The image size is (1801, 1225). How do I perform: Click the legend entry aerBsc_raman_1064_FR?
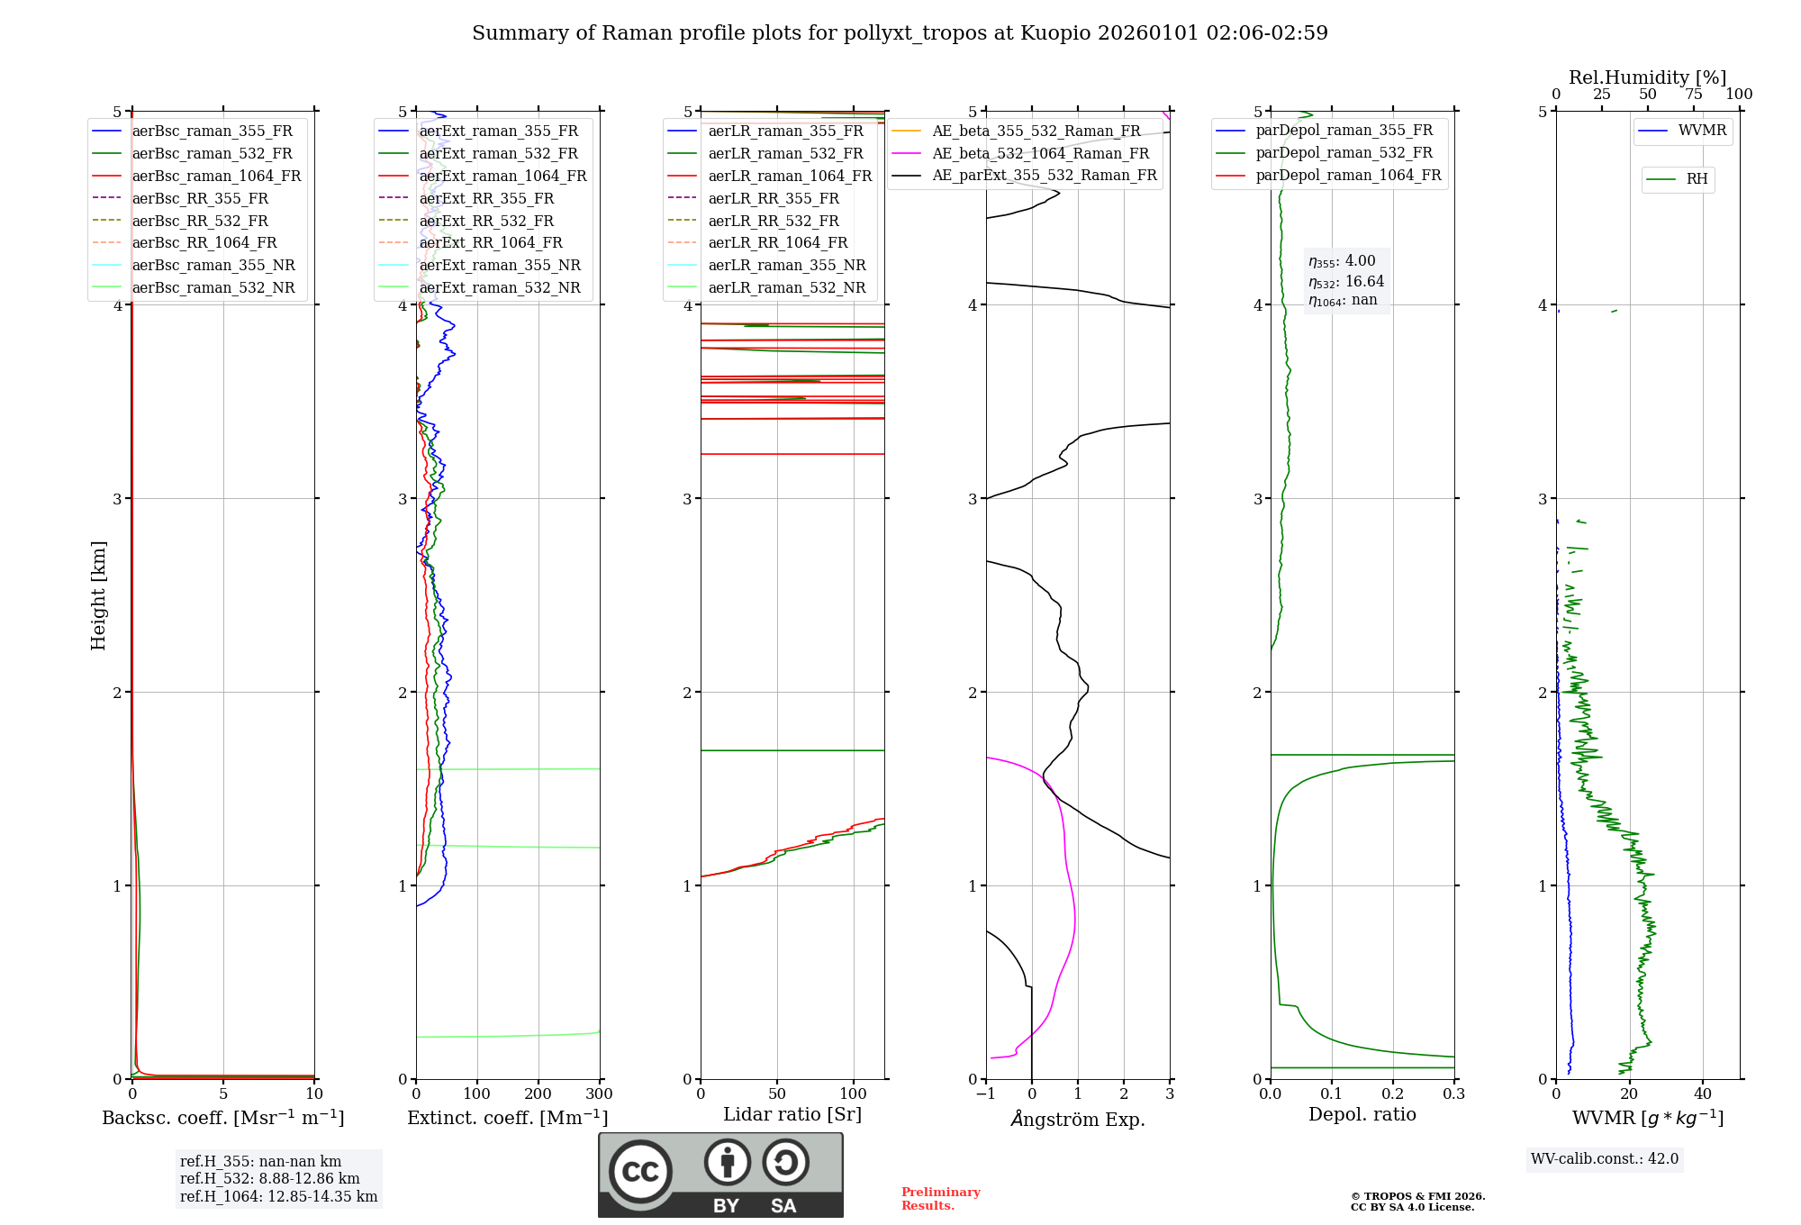click(216, 176)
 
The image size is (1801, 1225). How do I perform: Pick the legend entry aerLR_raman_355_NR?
click(786, 265)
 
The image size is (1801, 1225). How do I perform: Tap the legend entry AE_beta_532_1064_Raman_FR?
click(1040, 153)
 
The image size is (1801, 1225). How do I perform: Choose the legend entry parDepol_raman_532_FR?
click(1344, 153)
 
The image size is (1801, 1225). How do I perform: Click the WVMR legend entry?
click(1702, 131)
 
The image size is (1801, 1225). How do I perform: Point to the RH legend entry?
click(1697, 179)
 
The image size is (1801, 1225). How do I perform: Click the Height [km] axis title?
click(98, 594)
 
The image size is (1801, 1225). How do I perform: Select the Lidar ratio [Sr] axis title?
click(792, 1114)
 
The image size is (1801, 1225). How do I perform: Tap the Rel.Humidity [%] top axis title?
click(1647, 77)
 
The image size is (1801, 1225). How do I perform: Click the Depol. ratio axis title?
click(1362, 1114)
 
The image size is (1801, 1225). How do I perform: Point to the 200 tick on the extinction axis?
click(538, 1093)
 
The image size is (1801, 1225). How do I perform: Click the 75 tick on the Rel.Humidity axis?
click(1694, 95)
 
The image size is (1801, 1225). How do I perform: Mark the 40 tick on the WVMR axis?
click(1702, 1093)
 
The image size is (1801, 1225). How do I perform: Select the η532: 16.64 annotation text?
click(1346, 281)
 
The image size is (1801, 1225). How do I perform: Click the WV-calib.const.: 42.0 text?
click(1604, 1158)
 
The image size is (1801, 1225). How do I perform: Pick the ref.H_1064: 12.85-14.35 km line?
click(278, 1196)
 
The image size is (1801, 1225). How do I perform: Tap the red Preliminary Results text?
click(940, 1198)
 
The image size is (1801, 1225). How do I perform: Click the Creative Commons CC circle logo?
click(640, 1171)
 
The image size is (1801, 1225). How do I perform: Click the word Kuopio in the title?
click(1051, 33)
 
